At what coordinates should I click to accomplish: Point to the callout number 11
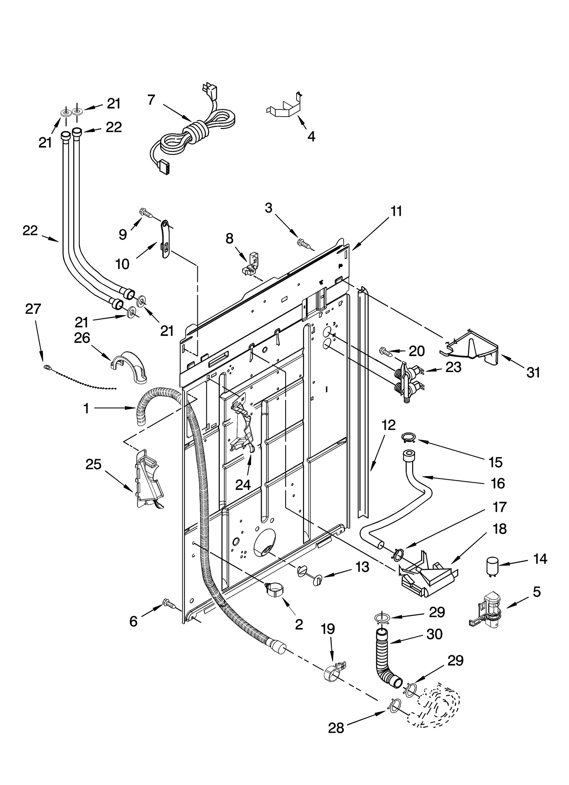point(396,211)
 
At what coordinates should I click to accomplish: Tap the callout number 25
point(93,464)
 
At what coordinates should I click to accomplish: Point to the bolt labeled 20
point(386,351)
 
